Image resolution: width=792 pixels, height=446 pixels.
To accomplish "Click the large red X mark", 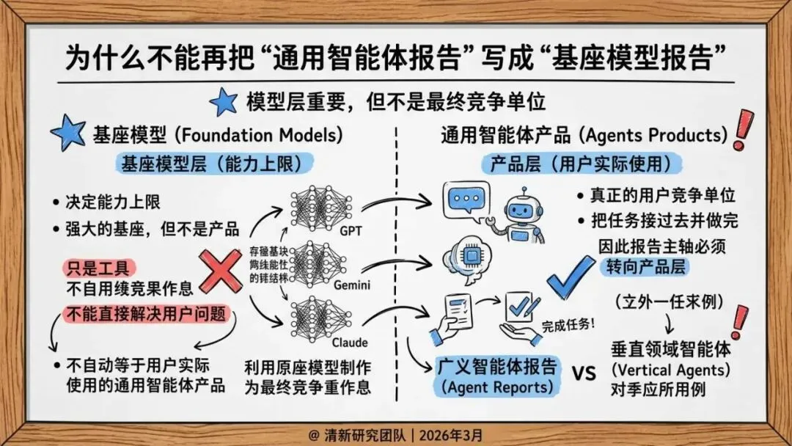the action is (221, 271).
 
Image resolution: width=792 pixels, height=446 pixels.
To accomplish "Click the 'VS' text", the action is (583, 373).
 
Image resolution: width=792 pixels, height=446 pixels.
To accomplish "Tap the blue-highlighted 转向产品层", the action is (643, 267).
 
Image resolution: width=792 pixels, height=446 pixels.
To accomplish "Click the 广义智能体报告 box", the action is (496, 375).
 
